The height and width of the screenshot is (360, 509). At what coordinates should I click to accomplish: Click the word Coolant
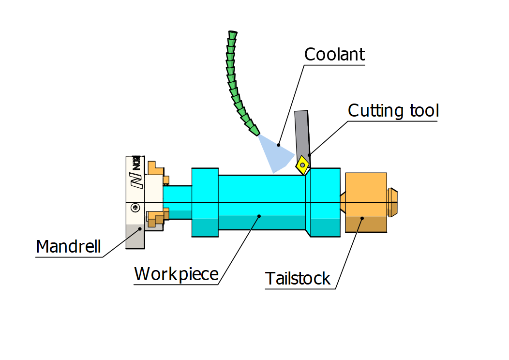(x=334, y=54)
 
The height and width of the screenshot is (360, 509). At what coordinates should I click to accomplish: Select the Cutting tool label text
(x=393, y=111)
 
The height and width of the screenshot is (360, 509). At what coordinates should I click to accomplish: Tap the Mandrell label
(x=68, y=247)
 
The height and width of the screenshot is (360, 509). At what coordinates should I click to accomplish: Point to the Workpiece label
(x=176, y=274)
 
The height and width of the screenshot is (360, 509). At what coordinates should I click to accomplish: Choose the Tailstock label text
(x=298, y=279)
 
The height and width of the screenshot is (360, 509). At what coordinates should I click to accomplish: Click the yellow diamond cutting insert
(x=303, y=165)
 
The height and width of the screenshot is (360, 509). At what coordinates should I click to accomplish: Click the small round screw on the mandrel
(x=135, y=208)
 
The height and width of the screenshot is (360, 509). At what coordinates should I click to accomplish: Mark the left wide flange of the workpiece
(x=205, y=202)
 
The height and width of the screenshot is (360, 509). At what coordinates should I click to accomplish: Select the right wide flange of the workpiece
(x=325, y=202)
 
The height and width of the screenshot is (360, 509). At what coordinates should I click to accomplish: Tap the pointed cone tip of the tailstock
(x=343, y=202)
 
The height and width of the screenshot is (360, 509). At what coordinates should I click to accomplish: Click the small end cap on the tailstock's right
(x=392, y=202)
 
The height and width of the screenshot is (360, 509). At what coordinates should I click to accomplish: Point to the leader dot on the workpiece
(x=259, y=216)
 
